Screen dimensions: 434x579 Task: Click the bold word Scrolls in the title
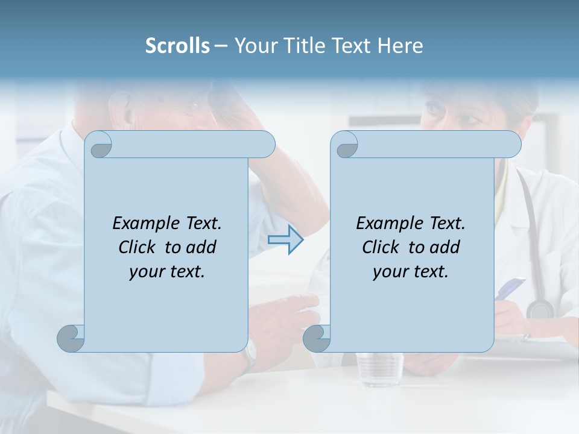click(178, 46)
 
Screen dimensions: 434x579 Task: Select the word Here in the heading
click(400, 46)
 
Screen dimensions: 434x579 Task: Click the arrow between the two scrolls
click(285, 239)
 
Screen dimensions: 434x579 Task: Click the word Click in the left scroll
click(139, 247)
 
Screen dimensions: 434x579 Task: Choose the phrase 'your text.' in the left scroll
click(167, 272)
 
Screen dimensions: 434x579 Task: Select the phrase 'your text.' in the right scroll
click(411, 272)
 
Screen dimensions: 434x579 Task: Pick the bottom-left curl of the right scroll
click(317, 338)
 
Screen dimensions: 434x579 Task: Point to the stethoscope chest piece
click(539, 309)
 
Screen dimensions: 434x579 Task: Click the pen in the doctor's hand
click(509, 288)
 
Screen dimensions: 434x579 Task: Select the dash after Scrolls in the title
click(221, 46)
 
